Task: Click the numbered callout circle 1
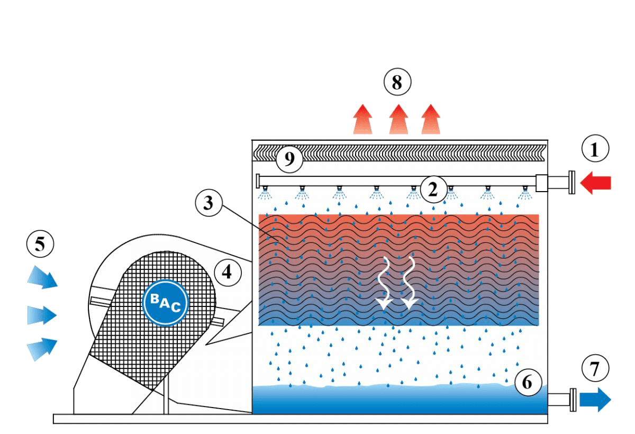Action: [595, 150]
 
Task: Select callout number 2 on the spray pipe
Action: [433, 189]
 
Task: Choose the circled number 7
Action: [595, 368]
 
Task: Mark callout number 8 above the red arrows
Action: [397, 83]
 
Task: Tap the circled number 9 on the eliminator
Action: [289, 159]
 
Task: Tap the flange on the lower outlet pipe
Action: [573, 399]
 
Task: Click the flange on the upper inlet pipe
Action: [571, 183]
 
